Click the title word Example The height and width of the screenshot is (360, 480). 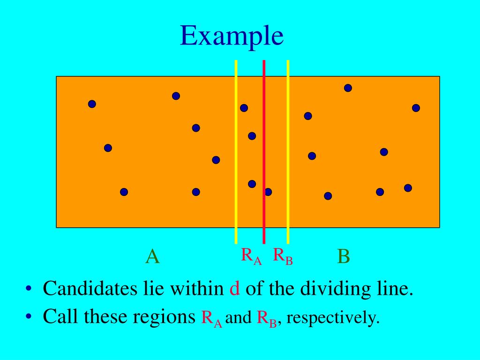tap(232, 37)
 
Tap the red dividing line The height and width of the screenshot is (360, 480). tap(264, 141)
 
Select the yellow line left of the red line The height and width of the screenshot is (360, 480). tap(236, 141)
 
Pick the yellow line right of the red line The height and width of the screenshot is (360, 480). tap(288, 141)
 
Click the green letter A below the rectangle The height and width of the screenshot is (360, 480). tap(152, 257)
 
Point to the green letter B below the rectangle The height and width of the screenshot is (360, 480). tap(344, 257)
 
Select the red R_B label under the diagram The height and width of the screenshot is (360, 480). tap(283, 256)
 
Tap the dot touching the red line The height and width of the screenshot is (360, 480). tap(268, 192)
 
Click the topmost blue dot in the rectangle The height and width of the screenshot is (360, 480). tap(348, 88)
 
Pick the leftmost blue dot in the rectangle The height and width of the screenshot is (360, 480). tap(92, 104)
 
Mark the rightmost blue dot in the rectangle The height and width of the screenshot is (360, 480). tap(416, 108)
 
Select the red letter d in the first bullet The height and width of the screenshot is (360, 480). tap(235, 289)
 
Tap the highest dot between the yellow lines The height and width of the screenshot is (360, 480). tap(244, 108)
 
